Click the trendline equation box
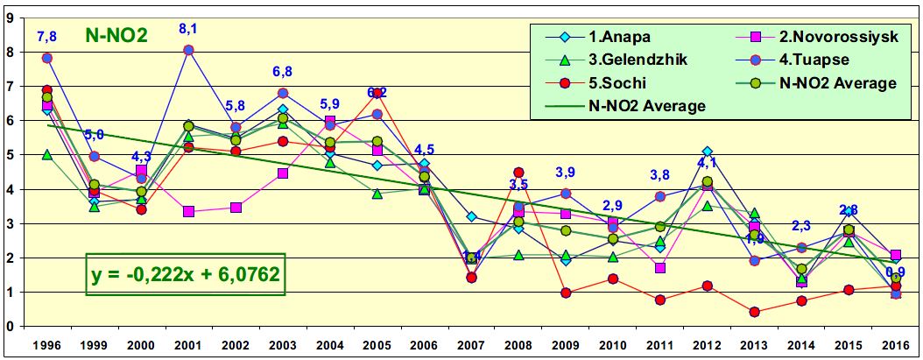[186, 274]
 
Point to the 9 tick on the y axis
[11, 17]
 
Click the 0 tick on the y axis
[11, 327]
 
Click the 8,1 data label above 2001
[187, 29]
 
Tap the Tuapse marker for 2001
[187, 50]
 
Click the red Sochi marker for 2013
[754, 312]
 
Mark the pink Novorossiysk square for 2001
[187, 212]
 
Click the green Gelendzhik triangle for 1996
[46, 154]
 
